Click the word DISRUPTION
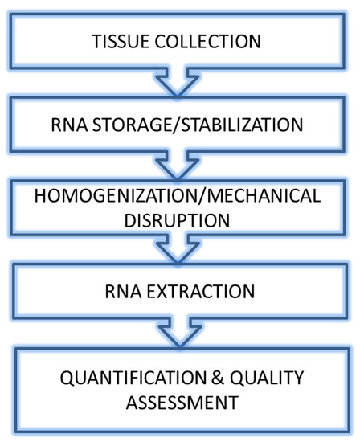pos(178,219)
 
